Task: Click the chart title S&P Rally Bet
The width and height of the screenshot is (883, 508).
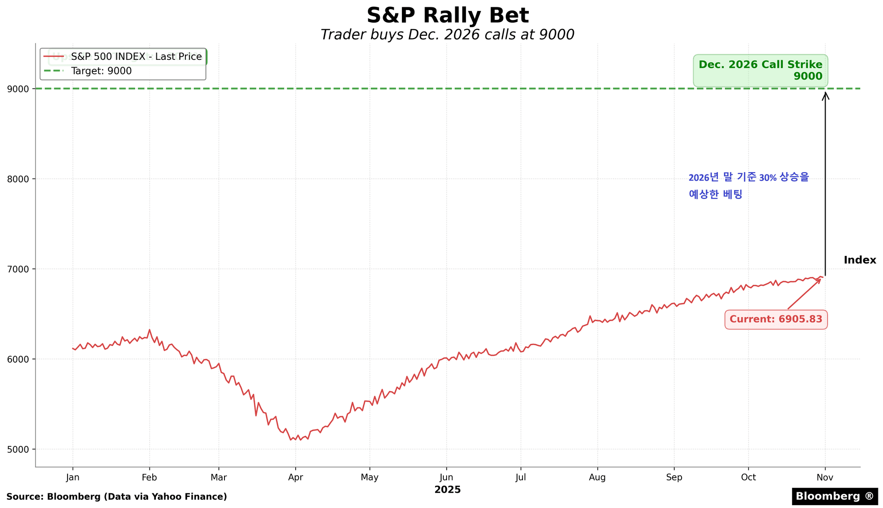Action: pos(447,16)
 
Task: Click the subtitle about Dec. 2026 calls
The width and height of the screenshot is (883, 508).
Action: pos(447,35)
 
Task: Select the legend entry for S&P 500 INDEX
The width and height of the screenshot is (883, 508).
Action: pos(136,57)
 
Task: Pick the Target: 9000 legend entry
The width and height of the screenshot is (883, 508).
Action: pos(101,71)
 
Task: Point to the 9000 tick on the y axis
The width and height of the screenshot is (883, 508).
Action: pos(17,89)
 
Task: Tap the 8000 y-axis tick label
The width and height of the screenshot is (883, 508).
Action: pos(17,179)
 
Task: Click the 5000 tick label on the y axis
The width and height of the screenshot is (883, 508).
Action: pos(17,450)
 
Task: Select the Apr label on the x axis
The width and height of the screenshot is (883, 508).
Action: pos(295,478)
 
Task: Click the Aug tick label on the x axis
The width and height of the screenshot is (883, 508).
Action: pos(597,478)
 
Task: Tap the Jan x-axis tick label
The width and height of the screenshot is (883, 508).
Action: pos(73,478)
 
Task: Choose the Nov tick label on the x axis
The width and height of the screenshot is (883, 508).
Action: pos(825,478)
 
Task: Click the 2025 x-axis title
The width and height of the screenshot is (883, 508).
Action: pos(447,490)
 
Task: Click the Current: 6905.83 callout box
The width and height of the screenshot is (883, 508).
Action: pos(776,319)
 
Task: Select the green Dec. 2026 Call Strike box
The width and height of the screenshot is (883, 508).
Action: pos(760,70)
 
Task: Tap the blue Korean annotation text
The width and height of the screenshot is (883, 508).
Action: pos(748,185)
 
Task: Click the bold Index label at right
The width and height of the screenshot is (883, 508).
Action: pos(860,260)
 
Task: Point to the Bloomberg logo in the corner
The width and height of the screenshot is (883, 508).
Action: pos(834,496)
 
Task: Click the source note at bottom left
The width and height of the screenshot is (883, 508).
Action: pos(117,497)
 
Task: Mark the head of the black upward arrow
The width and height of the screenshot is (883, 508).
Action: pos(826,94)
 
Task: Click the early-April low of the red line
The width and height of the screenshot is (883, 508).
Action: pos(291,440)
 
